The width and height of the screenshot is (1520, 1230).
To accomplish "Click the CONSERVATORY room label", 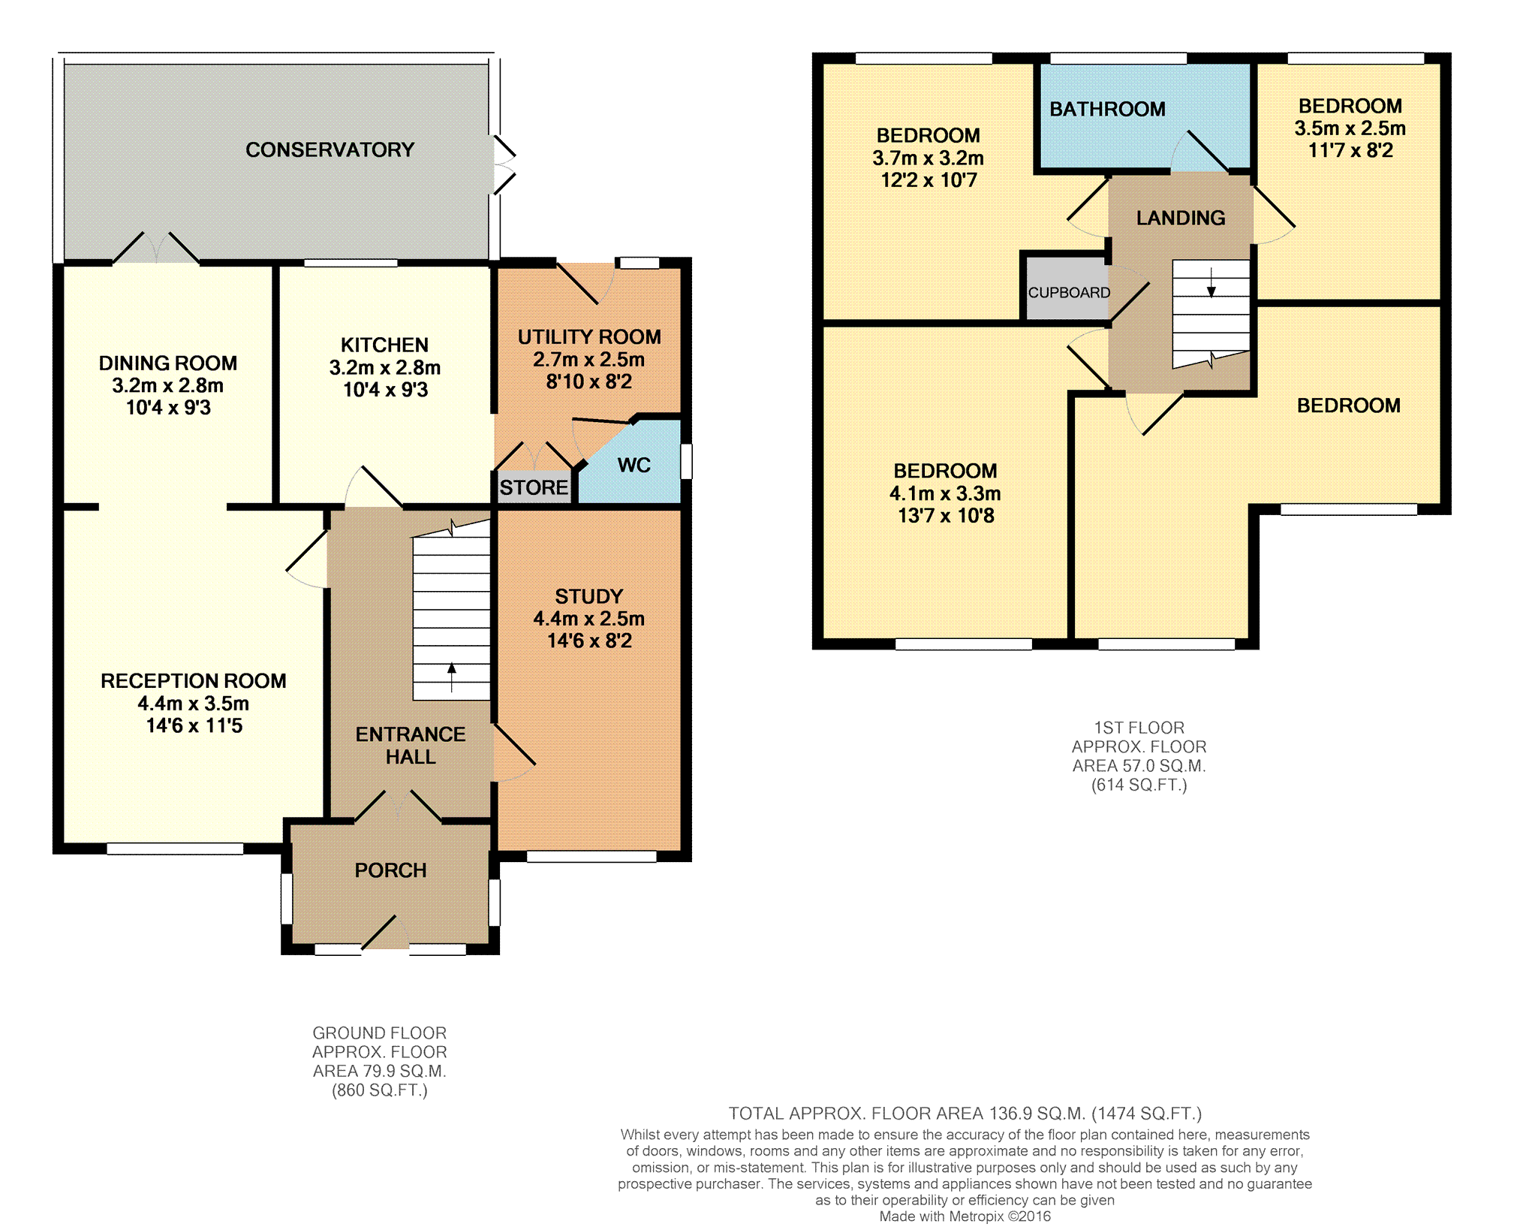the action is click(330, 150).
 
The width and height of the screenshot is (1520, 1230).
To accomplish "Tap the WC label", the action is click(634, 466).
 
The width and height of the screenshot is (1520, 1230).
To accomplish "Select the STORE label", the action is click(534, 488).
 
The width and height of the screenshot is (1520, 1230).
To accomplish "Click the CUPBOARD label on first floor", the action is click(1069, 293).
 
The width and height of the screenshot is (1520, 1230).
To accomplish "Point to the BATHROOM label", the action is click(1107, 110).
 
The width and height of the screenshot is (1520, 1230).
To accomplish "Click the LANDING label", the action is click(1181, 219).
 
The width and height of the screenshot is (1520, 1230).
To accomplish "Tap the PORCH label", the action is click(390, 870).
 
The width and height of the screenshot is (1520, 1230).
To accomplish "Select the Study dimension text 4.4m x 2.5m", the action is click(589, 619).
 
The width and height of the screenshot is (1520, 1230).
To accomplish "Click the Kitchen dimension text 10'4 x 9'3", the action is click(385, 390).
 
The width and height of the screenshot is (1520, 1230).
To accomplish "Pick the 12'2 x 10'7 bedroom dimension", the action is click(929, 180).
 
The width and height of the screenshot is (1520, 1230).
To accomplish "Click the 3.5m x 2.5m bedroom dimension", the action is click(1350, 128).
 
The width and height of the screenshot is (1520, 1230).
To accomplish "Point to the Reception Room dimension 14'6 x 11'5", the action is click(194, 726).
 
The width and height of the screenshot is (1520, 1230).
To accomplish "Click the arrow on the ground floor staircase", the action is click(451, 677).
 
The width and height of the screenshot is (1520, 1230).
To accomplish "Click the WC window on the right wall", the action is click(685, 461).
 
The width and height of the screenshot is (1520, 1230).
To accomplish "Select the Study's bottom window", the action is click(592, 856).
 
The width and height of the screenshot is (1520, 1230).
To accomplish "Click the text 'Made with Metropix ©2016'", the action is click(965, 1217).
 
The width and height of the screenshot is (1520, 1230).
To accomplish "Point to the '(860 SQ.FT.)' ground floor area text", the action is click(380, 1091).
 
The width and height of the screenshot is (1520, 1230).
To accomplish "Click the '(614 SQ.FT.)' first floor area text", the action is click(1139, 785).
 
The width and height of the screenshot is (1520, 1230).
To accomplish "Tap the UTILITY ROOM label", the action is click(589, 337).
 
